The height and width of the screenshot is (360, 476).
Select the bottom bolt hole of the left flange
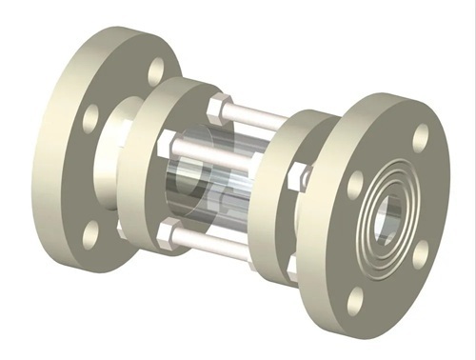93,230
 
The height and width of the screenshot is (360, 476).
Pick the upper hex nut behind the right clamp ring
301,174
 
